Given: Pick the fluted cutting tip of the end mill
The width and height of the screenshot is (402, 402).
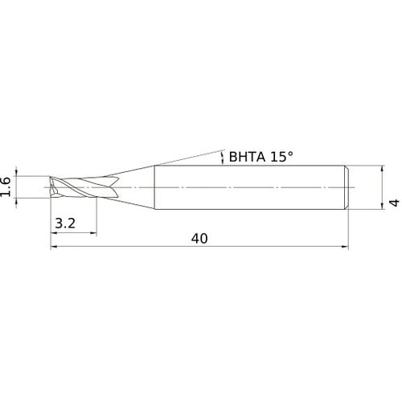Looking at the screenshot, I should [x=72, y=187].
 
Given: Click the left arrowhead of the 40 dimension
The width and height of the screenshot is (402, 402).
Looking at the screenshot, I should [x=54, y=247].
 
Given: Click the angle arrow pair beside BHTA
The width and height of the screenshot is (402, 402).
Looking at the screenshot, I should [x=223, y=158].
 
